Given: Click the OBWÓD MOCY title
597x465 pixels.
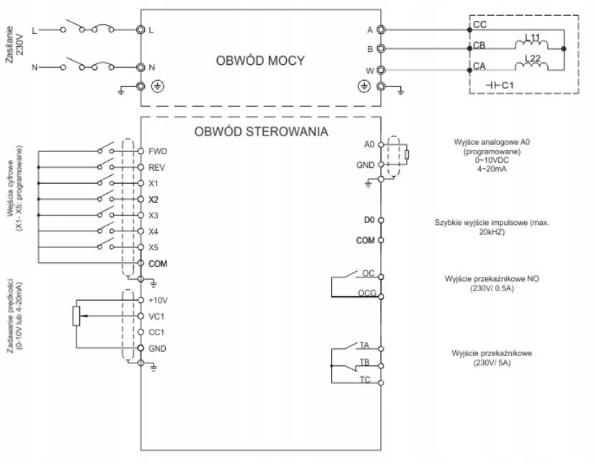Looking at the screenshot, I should tap(260, 61).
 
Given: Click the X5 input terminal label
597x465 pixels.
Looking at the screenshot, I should tap(153, 247).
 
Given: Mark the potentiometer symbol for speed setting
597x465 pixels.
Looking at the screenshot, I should tap(75, 316).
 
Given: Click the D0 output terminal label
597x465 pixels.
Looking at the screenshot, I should tap(369, 218).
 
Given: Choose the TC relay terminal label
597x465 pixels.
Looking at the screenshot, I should tap(365, 380).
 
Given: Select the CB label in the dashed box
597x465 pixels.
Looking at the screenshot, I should tap(479, 45).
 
